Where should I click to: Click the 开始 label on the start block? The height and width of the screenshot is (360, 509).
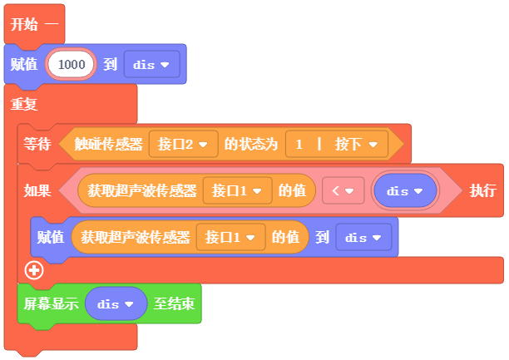[x=24, y=25]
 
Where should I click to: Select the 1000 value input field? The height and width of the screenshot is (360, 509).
[x=71, y=64]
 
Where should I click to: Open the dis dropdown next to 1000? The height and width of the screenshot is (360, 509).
[x=151, y=64]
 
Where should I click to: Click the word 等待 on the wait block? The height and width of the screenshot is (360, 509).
[x=37, y=144]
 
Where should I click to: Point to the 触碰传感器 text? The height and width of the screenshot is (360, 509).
[x=108, y=144]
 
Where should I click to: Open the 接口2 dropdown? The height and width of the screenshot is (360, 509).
[x=183, y=144]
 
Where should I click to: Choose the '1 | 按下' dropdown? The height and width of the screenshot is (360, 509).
[x=337, y=144]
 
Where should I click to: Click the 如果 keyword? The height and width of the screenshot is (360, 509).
[x=37, y=190]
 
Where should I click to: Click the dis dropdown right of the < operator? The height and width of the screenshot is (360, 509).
[x=405, y=190]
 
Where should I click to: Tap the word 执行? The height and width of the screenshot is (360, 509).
[x=483, y=190]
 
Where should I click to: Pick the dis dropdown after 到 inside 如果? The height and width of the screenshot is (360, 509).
[x=363, y=237]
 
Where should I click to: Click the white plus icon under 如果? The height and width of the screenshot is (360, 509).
[x=33, y=269]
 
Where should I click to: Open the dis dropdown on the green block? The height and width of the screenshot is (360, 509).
[x=116, y=303]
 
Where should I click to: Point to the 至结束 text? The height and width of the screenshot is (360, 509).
[x=173, y=303]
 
